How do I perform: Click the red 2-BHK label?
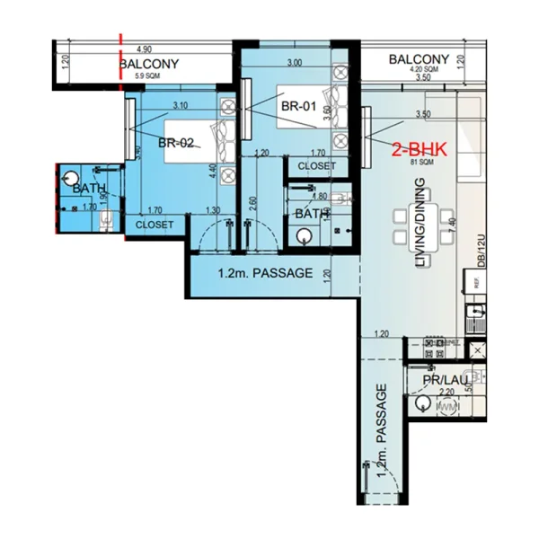pyautogui.click(x=419, y=150)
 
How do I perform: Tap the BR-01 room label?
pyautogui.click(x=299, y=105)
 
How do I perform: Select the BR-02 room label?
pyautogui.click(x=177, y=143)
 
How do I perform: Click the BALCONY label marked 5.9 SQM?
pyautogui.click(x=149, y=64)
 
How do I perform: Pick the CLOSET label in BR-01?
pyautogui.click(x=316, y=166)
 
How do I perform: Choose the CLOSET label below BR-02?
pyautogui.click(x=154, y=225)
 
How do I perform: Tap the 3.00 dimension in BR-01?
pyautogui.click(x=293, y=63)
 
